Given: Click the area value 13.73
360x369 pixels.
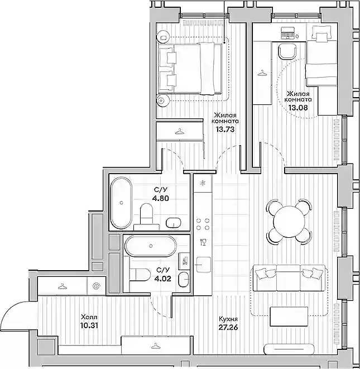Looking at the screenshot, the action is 225,129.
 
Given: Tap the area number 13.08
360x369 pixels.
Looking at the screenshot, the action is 298,107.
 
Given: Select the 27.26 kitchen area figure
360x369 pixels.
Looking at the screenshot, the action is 228,327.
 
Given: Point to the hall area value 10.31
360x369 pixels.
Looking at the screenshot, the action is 89,325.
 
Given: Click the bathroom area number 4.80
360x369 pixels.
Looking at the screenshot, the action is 161,198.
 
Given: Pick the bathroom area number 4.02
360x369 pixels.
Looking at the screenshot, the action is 162,279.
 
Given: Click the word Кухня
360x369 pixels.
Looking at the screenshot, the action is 228,319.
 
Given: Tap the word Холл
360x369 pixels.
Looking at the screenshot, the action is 89,317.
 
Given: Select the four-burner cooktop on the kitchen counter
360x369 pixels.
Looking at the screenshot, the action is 203,224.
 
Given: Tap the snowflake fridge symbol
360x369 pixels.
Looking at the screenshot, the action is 202,183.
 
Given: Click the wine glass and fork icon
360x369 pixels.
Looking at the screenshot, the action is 203,242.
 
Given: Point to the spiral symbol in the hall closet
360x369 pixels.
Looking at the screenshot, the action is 97,286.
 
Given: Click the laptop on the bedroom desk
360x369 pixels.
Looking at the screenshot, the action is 288,32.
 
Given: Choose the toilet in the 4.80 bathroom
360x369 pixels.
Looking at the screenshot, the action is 147,214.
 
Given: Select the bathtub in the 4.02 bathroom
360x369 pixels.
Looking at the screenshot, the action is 150,246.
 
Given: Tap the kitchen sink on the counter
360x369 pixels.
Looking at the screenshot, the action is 204,264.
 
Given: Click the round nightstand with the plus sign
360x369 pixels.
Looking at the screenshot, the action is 163,100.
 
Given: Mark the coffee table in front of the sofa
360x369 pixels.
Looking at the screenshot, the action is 289,317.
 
